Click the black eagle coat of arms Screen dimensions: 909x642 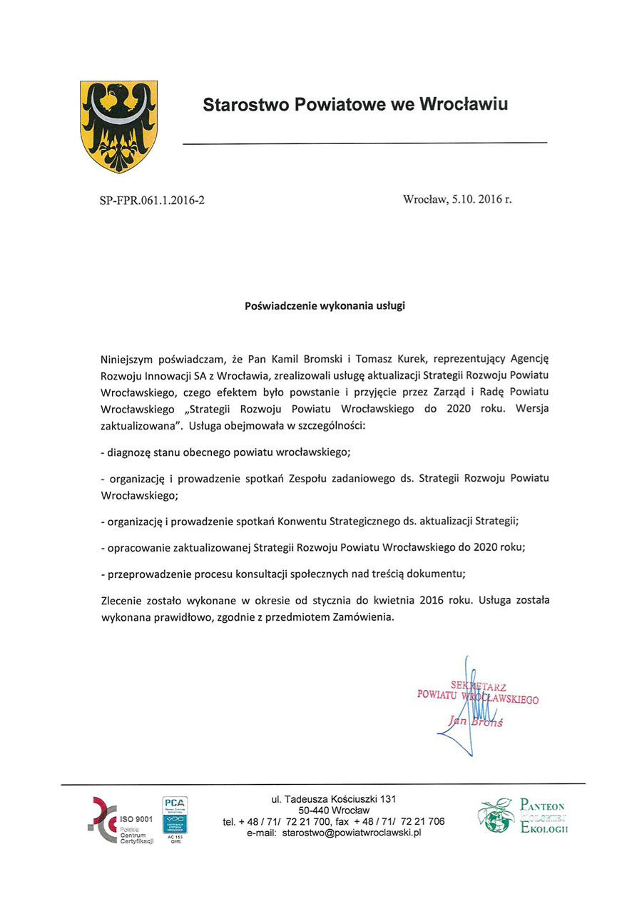tap(118, 126)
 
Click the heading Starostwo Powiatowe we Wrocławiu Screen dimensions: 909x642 tap(355, 105)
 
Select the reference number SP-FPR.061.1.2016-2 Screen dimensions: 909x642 tap(152, 200)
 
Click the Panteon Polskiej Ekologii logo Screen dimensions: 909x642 tap(522, 816)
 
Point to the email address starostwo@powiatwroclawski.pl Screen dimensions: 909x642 tap(334, 833)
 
